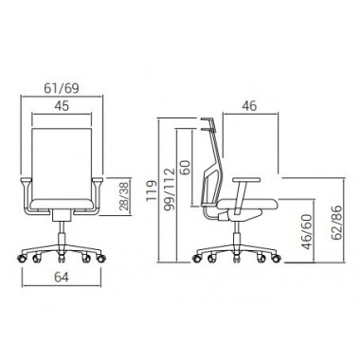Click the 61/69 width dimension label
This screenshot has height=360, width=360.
[62, 88]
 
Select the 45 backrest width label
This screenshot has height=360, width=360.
[62, 106]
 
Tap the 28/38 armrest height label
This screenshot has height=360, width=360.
[124, 196]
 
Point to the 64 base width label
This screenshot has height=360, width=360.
[62, 277]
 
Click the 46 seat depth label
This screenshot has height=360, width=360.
[249, 106]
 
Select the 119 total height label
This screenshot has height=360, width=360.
[152, 190]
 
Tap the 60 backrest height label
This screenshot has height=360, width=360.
[186, 168]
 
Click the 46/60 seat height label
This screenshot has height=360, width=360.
[307, 232]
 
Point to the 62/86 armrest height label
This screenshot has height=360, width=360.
[336, 223]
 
